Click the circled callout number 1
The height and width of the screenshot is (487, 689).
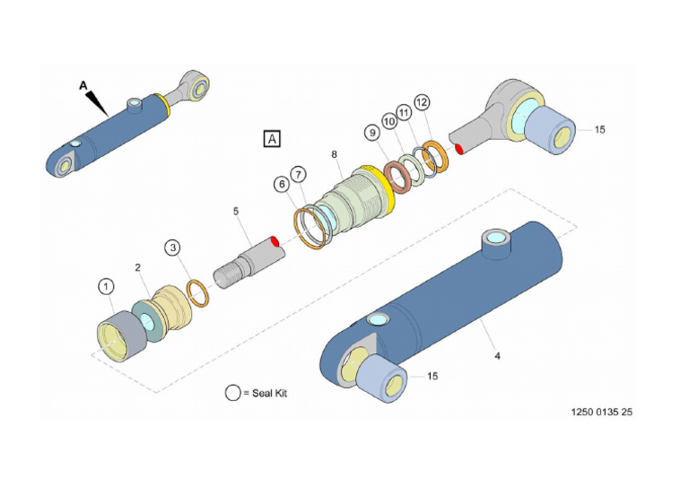coord(107,286)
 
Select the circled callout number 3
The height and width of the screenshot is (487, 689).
coord(173,248)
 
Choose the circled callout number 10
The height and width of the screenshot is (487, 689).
coord(389,121)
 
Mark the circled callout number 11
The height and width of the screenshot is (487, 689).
coord(406,112)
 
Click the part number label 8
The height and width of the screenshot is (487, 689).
coord(334,154)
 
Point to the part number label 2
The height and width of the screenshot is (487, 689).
coord(139,267)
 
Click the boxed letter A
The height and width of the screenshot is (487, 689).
coord(272,139)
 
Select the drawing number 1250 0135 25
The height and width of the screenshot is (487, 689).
coord(602,413)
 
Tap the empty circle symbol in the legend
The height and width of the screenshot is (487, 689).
coord(233,393)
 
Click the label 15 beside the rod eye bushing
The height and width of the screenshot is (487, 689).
coord(599,129)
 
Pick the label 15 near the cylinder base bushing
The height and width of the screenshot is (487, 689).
coord(432,376)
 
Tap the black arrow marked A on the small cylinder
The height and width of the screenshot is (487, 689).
coord(97,101)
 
